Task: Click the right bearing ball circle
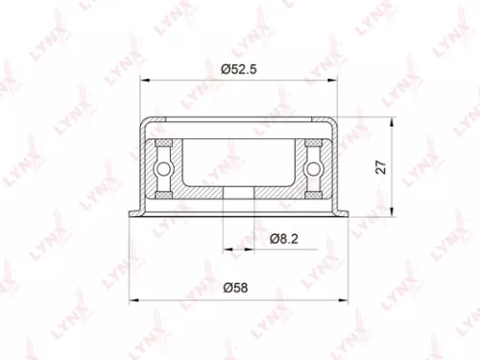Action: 313,168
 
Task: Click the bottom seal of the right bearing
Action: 313,195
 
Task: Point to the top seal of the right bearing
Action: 313,142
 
